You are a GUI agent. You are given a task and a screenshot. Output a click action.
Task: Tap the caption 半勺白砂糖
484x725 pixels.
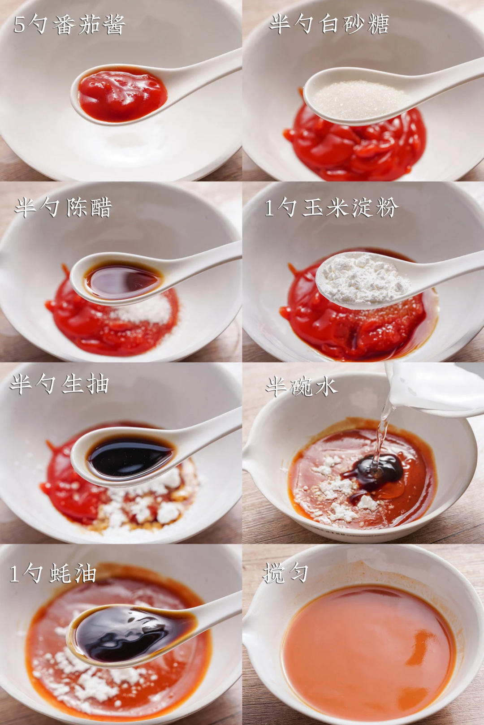[x=329, y=24]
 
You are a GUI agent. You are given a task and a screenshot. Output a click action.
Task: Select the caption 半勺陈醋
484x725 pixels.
[x=63, y=207]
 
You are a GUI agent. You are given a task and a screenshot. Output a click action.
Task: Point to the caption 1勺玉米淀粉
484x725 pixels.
[x=331, y=207]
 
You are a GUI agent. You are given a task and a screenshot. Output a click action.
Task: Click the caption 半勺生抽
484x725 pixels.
[x=59, y=384]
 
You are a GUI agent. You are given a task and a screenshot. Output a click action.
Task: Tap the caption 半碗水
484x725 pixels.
[x=302, y=386]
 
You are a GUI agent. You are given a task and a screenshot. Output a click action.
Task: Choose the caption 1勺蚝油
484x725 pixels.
[x=53, y=574]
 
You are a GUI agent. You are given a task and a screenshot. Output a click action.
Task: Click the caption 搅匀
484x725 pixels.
[x=285, y=573]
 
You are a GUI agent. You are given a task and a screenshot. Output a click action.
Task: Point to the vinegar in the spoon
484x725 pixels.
[x=123, y=279]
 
